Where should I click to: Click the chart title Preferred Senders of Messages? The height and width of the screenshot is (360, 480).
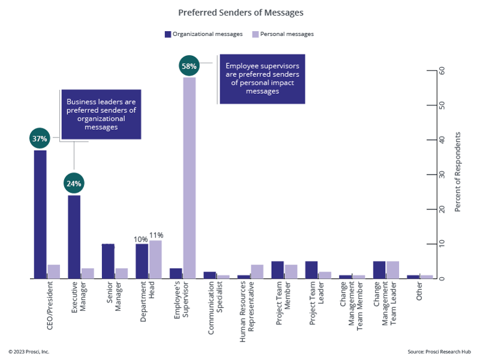coord(240,11)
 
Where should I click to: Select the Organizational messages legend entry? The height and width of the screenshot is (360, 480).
coord(203,34)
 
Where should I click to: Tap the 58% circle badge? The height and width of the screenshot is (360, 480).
coord(189,66)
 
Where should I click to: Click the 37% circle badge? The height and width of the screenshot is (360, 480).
coord(40,139)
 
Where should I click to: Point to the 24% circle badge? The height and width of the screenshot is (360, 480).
coord(74,183)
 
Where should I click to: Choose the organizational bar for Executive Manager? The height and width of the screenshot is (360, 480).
coord(74,237)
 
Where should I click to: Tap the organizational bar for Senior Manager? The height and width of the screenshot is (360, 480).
coord(108,261)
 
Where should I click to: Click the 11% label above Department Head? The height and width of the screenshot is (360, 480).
coord(156,235)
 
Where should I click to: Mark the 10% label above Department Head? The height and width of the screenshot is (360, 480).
coord(140,239)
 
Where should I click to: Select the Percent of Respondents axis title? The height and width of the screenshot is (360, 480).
coord(458,174)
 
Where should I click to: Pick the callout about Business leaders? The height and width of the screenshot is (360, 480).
coord(101,114)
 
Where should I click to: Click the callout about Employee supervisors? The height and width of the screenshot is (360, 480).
coord(262,79)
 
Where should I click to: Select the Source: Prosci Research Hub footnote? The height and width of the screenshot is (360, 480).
coord(439,351)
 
